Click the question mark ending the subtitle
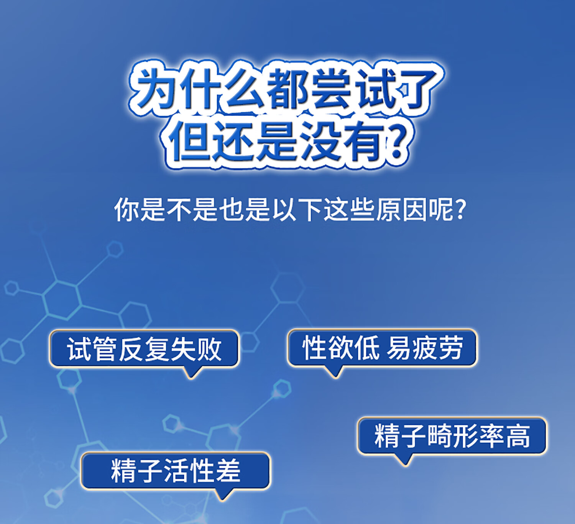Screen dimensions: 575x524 click(460, 209)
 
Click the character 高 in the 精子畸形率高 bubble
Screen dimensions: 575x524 click(518, 436)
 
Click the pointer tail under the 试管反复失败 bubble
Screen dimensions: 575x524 click(192, 373)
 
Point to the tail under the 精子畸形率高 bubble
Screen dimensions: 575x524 click(405, 460)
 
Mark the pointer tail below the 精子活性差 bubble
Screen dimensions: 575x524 click(223, 495)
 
